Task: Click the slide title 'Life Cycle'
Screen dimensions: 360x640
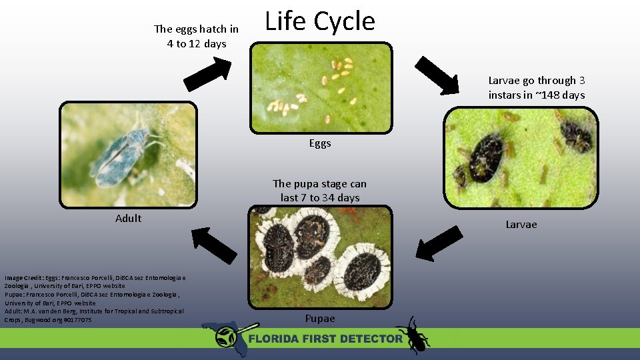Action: (x=320, y=21)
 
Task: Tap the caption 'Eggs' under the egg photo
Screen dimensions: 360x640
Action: (x=320, y=143)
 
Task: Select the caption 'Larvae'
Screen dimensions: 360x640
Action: (x=521, y=225)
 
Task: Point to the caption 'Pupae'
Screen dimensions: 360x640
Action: (x=320, y=319)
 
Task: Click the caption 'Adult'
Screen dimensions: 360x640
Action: (x=128, y=218)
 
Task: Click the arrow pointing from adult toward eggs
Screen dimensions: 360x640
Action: (x=207, y=73)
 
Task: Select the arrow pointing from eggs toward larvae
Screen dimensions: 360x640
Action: (x=437, y=75)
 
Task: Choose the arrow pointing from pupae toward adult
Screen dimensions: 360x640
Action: (x=214, y=245)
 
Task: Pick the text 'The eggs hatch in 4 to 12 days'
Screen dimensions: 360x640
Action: (x=196, y=37)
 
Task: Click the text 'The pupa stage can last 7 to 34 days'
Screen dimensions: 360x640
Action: (x=319, y=191)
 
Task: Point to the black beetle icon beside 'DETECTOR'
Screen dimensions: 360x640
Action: (x=412, y=335)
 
